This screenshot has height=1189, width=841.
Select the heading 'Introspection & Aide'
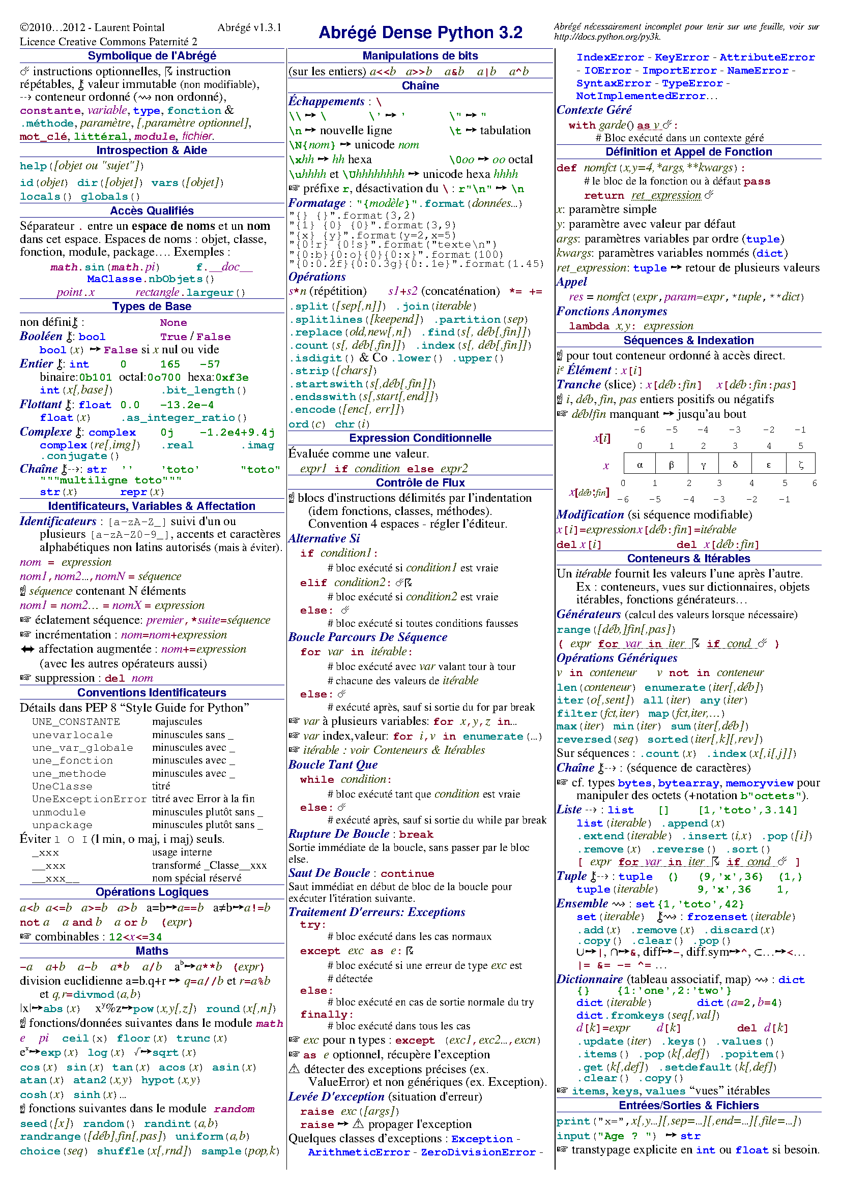point(151,150)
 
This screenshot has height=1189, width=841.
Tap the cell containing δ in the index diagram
point(734,464)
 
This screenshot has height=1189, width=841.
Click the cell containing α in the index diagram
point(640,464)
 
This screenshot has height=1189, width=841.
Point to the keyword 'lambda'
point(589,326)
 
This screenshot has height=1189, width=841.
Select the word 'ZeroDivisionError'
point(478,1152)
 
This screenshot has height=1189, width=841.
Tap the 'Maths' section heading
point(151,950)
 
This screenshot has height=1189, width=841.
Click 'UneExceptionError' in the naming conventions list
point(89,799)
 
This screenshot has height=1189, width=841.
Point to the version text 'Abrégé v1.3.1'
point(249,27)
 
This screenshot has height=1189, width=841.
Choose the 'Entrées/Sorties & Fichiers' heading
point(688,1105)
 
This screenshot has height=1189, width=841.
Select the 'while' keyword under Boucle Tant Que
point(316,779)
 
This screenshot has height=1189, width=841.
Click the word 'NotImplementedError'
point(640,96)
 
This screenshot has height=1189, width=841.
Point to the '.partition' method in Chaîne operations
point(467,320)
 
